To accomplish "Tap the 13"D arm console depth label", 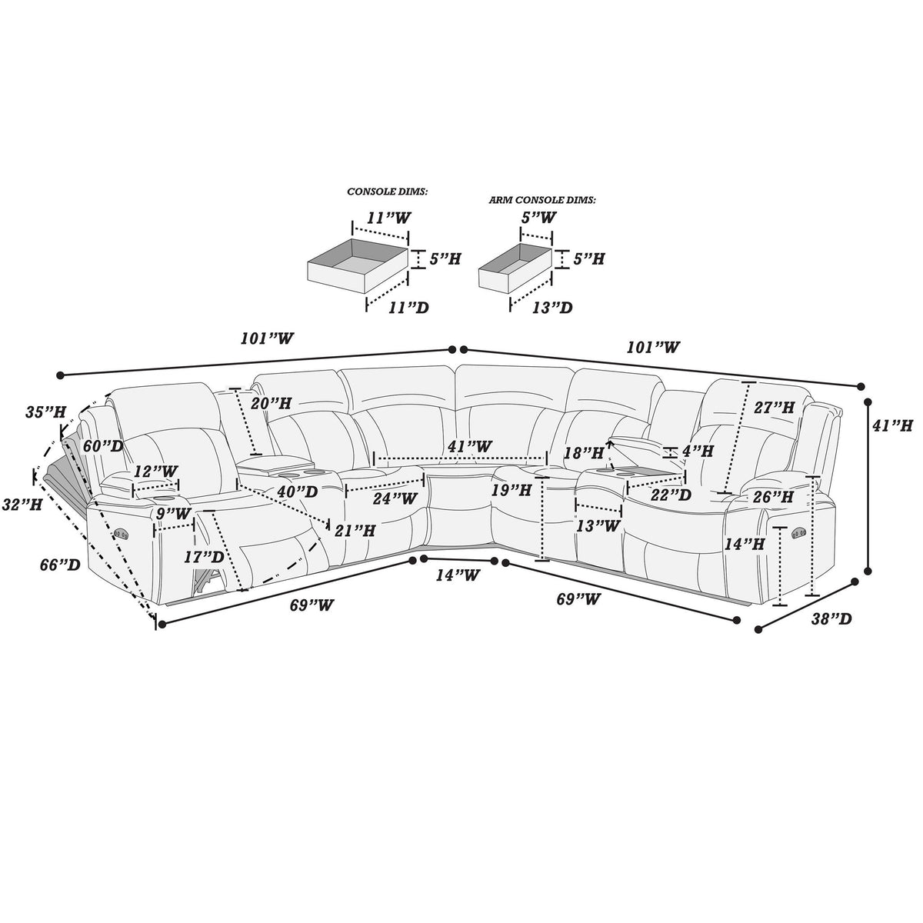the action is pyautogui.click(x=552, y=307).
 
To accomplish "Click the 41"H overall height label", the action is pyautogui.click(x=893, y=425).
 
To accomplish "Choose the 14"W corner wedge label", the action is pyautogui.click(x=458, y=575).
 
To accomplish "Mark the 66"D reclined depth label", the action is pyautogui.click(x=60, y=565).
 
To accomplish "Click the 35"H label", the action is pyautogui.click(x=46, y=412).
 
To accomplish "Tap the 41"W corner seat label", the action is pyautogui.click(x=470, y=446).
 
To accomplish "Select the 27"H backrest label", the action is pyautogui.click(x=775, y=408).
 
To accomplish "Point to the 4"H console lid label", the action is pyautogui.click(x=697, y=451).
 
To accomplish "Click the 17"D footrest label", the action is pyautogui.click(x=205, y=557).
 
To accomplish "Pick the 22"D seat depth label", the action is pyautogui.click(x=671, y=495).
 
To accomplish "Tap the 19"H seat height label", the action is pyautogui.click(x=511, y=490).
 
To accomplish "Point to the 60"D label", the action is pyautogui.click(x=103, y=446).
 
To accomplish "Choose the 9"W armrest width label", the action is pyautogui.click(x=173, y=514).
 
